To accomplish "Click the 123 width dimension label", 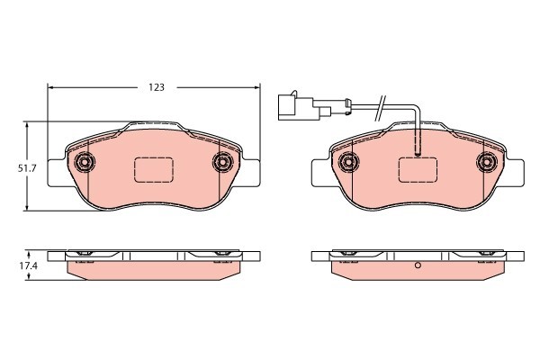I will click(157, 87).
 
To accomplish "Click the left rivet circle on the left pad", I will click(85, 162).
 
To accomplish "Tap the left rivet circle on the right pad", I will click(349, 162).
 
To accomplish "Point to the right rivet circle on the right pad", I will click(486, 162).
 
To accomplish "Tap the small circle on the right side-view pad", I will click(418, 267).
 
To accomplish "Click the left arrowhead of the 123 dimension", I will click(50, 87).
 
